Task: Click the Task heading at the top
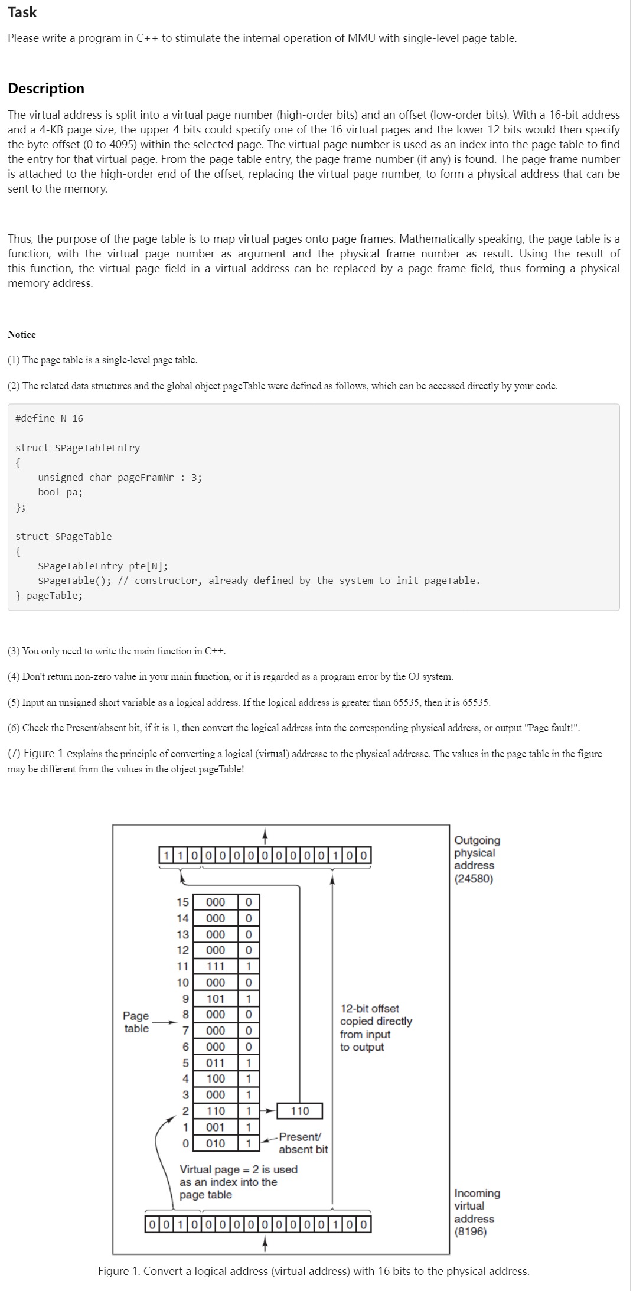tap(22, 12)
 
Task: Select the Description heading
tap(46, 89)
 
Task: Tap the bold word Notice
tap(22, 334)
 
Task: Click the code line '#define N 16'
tap(49, 418)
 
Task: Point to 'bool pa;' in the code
tap(60, 492)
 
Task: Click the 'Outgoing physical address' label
tap(477, 852)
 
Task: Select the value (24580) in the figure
tap(474, 878)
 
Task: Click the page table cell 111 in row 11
tap(216, 966)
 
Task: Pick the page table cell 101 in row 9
tap(216, 999)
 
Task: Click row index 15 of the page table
tap(182, 902)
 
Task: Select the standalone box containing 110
tap(300, 1111)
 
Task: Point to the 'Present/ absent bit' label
tap(302, 1143)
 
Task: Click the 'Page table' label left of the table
tap(136, 1022)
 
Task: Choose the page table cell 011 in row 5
tap(216, 1062)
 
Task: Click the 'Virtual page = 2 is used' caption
tap(238, 1169)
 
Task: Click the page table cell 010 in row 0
tap(216, 1143)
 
